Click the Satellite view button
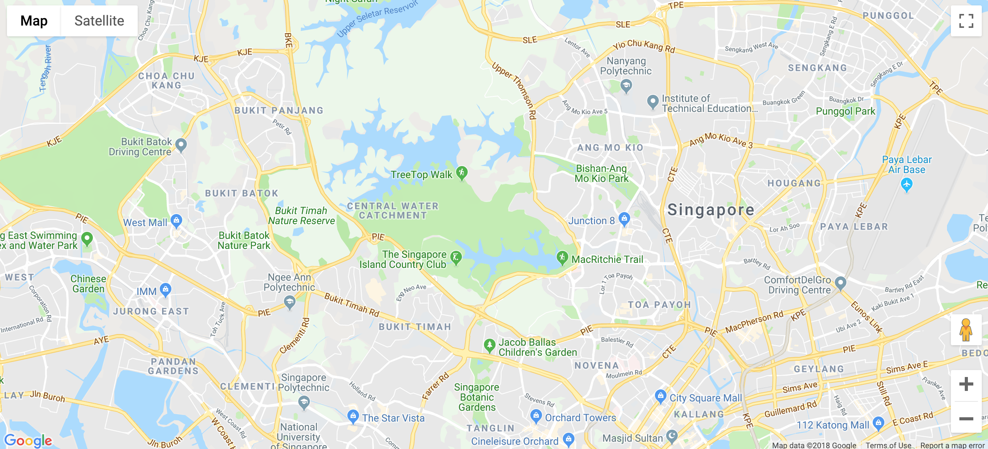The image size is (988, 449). coord(99,21)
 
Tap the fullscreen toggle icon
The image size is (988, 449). coord(966,21)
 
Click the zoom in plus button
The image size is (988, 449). coord(966,384)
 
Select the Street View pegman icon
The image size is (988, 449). coord(966,330)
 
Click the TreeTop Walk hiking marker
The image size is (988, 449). coord(462,173)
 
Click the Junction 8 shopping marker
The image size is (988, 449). coord(624,219)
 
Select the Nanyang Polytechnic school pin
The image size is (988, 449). coord(626,86)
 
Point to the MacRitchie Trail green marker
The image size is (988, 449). coord(562,257)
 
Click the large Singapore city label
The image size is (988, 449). coord(711,210)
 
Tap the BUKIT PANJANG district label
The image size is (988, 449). coord(279,111)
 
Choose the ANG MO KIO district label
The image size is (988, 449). coord(610,147)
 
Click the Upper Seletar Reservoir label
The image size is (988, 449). coord(377,18)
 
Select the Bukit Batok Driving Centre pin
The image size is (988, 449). coord(181,145)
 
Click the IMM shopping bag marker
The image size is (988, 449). coord(166,289)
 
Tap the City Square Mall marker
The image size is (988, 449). coord(660,396)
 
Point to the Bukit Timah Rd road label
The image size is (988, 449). coord(352,305)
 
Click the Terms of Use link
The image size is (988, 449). coord(888,445)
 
